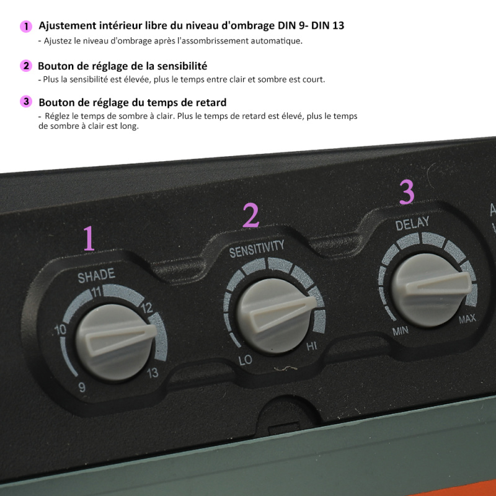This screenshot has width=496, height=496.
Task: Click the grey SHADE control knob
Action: (x=115, y=342)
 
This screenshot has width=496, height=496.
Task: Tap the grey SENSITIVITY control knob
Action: (x=276, y=316)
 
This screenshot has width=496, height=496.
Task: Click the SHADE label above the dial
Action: (x=96, y=275)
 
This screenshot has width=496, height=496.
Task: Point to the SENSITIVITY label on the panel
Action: (x=257, y=249)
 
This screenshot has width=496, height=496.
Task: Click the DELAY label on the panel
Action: (x=412, y=223)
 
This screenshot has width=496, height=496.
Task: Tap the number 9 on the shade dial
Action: (x=82, y=387)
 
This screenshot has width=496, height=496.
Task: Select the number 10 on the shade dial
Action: (x=60, y=330)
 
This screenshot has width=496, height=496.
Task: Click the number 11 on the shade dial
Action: (x=96, y=291)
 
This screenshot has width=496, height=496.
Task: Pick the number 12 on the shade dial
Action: (x=147, y=308)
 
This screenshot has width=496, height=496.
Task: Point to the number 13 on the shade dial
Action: (x=153, y=373)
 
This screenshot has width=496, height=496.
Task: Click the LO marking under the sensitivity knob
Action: (x=245, y=360)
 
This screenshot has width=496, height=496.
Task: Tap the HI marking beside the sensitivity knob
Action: (x=312, y=347)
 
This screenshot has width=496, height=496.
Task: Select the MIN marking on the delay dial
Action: (x=401, y=331)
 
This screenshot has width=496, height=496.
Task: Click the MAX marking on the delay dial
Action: (x=467, y=319)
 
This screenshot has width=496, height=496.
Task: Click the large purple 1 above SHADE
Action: (x=89, y=238)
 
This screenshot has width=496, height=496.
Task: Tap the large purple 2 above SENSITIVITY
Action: (x=251, y=215)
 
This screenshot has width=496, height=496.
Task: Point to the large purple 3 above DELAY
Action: (x=407, y=192)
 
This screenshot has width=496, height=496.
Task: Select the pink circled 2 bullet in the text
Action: (x=26, y=66)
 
